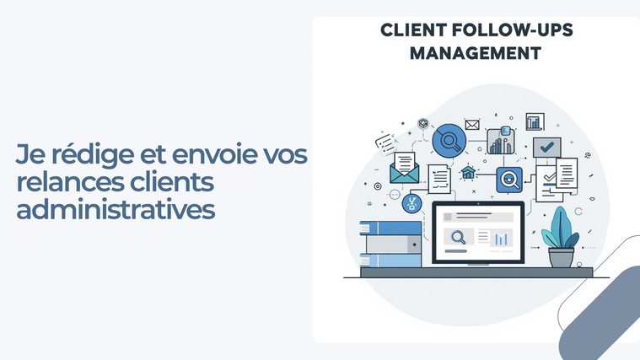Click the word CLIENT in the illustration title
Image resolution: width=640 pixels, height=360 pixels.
[x=413, y=30]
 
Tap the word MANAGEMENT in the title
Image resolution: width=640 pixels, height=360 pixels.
[x=476, y=53]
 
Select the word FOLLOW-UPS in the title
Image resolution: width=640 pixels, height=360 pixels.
[x=513, y=30]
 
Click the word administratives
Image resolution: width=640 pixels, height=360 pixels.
[x=116, y=209]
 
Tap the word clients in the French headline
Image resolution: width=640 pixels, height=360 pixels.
[x=172, y=181]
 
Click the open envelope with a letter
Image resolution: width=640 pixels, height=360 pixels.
[x=404, y=168]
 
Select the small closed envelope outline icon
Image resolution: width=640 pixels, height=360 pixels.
[x=472, y=125]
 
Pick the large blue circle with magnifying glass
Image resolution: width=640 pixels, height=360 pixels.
[x=449, y=141]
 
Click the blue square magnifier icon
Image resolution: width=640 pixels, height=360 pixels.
[x=509, y=180]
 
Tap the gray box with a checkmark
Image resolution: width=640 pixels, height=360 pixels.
[x=547, y=147]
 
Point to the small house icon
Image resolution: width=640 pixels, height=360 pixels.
[x=468, y=173]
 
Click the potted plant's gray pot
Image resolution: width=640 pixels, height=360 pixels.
[x=562, y=257]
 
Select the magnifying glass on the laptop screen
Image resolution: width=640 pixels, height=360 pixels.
[x=459, y=237]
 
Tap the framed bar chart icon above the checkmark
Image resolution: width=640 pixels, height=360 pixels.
[x=535, y=121]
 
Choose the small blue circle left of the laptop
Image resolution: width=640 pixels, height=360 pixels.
[x=411, y=203]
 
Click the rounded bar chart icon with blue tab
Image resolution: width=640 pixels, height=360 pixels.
[x=501, y=141]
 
